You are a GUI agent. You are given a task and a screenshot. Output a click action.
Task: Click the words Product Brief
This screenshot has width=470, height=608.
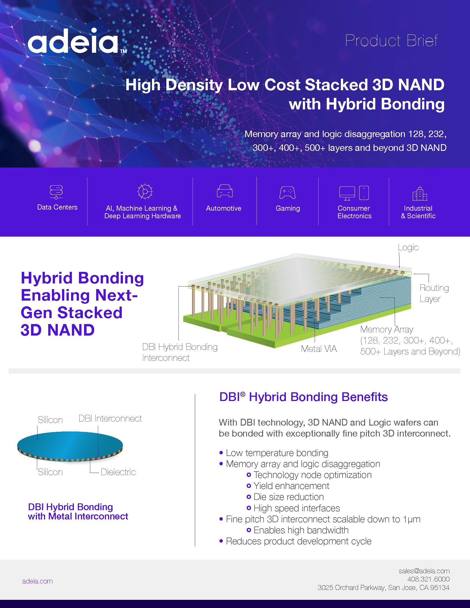[391, 41]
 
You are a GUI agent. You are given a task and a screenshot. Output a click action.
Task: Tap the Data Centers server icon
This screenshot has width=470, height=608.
[56, 192]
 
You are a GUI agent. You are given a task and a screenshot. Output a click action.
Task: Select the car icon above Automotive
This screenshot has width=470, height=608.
[225, 191]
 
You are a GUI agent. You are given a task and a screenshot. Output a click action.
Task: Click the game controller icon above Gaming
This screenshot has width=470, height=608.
[287, 193]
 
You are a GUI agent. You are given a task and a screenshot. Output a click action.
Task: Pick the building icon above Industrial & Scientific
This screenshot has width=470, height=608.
[420, 193]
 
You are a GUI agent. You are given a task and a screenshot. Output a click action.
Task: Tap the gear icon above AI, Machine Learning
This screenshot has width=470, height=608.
[145, 192]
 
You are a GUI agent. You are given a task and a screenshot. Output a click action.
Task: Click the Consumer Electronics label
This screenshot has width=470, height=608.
[354, 212]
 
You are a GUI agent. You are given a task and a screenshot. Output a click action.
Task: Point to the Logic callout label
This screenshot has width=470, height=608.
[408, 247]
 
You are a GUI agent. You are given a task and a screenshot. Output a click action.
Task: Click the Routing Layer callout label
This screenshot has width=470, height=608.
[434, 293]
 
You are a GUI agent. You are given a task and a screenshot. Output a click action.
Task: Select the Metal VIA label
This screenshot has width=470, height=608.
[319, 349]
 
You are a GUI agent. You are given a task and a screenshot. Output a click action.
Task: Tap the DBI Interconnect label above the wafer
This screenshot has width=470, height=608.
[110, 418]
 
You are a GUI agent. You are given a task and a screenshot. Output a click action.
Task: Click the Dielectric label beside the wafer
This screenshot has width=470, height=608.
[118, 472]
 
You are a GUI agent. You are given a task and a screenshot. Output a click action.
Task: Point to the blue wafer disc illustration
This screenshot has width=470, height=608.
[70, 446]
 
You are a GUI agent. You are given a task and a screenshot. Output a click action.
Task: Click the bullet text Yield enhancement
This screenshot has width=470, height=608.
[291, 486]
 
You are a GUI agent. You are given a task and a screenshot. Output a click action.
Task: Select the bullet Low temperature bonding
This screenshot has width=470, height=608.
[277, 453]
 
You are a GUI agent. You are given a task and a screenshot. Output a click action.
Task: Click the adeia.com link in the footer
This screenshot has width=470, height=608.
[37, 581]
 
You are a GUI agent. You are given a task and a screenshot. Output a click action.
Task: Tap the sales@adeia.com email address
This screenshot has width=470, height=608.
[424, 571]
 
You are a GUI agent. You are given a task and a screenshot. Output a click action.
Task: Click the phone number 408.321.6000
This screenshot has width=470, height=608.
[428, 579]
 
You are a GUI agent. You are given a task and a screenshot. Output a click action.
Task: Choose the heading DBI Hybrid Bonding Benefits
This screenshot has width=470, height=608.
[303, 397]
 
